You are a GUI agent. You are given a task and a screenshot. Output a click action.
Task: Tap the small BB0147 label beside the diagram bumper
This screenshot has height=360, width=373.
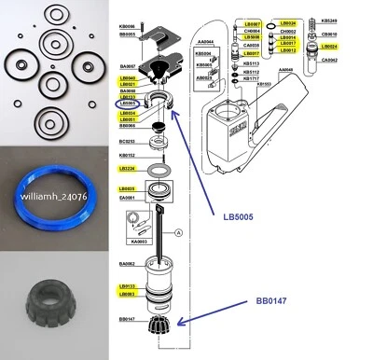[127, 319]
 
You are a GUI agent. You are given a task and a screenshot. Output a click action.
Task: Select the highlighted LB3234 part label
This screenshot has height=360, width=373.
[128, 169]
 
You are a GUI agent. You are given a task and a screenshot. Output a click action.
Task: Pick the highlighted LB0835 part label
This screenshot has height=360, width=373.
[128, 187]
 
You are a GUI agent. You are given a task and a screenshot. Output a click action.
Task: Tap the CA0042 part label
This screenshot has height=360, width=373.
[330, 59]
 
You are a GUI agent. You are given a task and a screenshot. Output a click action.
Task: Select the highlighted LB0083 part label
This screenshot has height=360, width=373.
[128, 294]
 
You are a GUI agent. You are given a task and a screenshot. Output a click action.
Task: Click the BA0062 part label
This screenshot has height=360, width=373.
[127, 265]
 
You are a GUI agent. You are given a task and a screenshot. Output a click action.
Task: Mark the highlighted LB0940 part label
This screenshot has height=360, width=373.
[128, 78]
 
